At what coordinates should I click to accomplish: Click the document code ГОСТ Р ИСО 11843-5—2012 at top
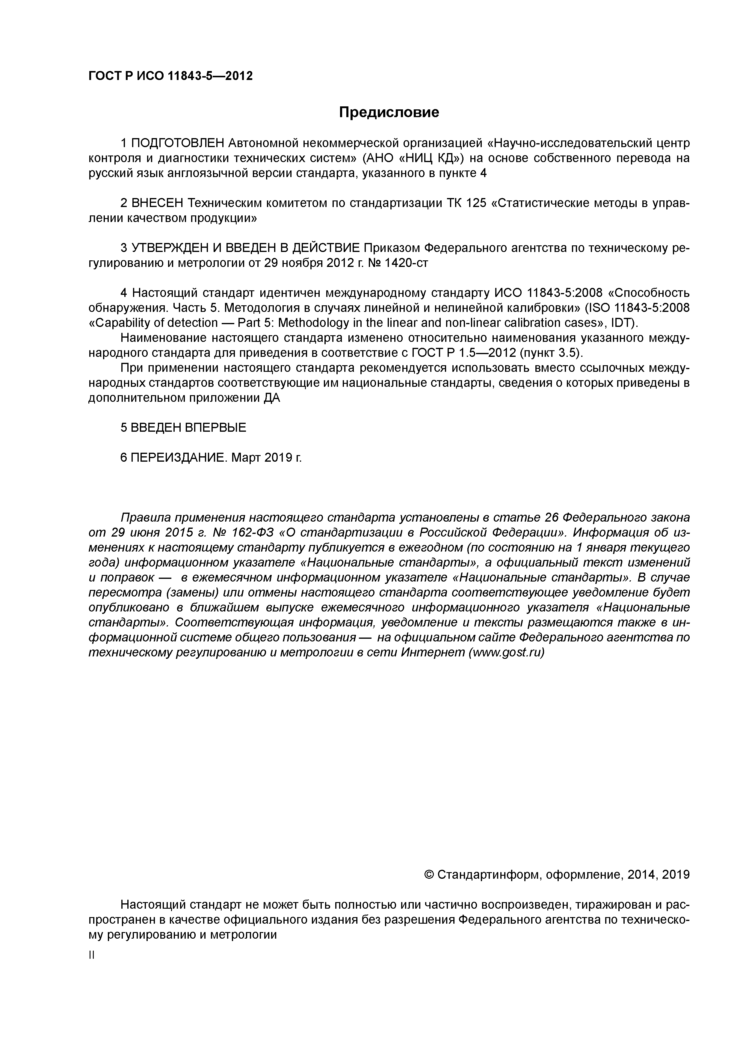(x=170, y=76)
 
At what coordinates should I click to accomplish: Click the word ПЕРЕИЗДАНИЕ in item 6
(x=179, y=458)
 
